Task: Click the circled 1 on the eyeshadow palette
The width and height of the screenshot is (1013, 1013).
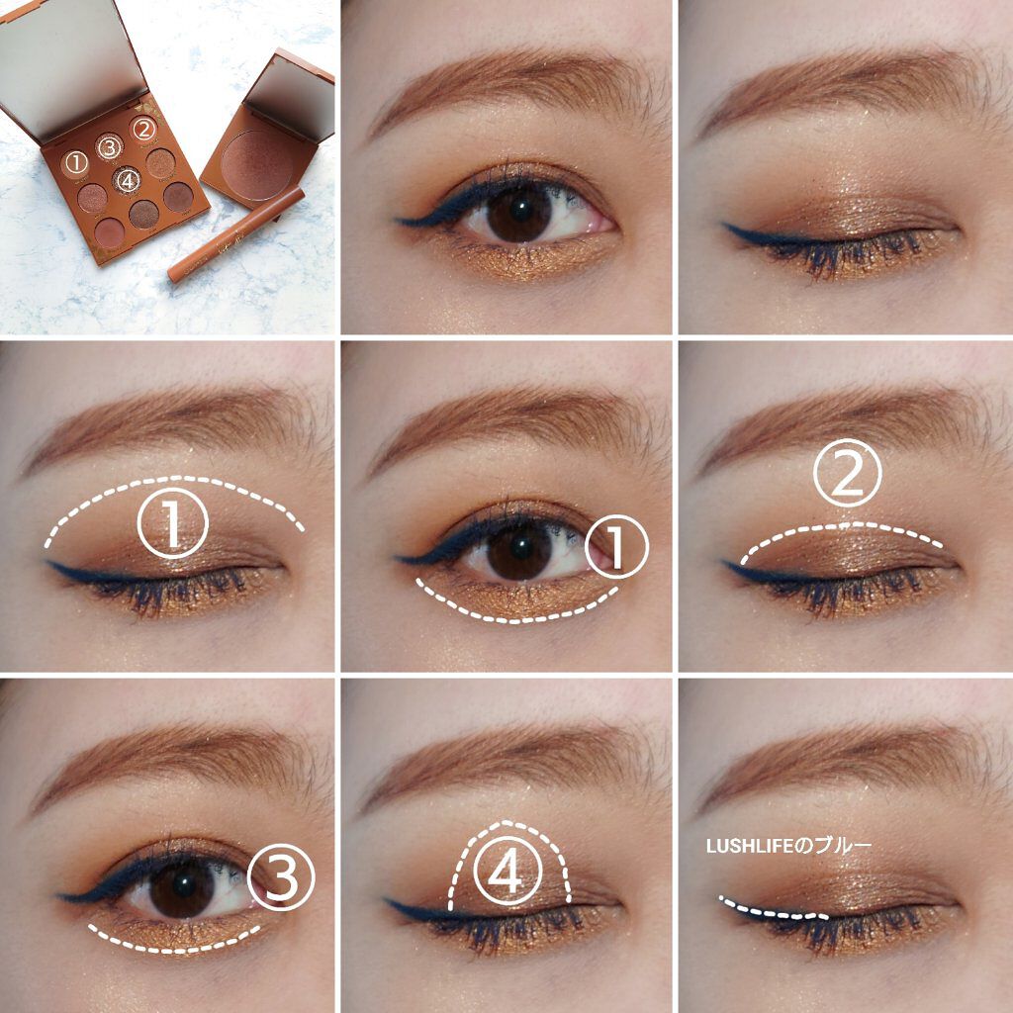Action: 76,163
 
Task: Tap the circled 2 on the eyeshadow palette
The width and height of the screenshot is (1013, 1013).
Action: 143,130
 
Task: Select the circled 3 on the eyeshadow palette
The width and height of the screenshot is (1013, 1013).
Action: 109,147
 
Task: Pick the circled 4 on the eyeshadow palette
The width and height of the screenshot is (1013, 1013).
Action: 127,180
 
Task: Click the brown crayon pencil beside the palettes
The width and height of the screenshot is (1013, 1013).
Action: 235,234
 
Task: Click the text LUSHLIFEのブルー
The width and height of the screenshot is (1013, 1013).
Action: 788,846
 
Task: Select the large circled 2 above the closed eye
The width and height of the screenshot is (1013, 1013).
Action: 847,473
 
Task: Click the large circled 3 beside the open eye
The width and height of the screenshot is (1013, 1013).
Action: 281,876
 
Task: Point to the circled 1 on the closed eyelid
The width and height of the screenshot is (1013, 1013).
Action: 172,523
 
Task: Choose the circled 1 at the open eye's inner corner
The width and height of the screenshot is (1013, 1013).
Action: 616,547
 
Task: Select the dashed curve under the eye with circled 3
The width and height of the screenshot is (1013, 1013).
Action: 174,950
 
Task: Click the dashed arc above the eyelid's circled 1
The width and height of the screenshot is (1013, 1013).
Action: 174,479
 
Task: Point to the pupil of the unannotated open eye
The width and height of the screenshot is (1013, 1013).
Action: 520,210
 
